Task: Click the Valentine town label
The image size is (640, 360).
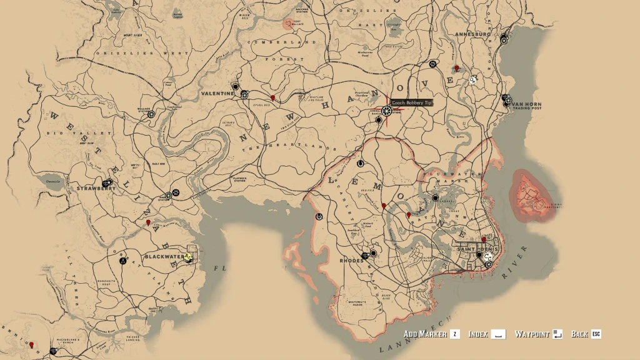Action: [x=217, y=93]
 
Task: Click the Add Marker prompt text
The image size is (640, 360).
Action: [x=425, y=334]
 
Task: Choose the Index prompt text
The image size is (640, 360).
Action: [x=478, y=334]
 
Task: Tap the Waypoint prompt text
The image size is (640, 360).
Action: [x=532, y=334]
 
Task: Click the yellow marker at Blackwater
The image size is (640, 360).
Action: [x=187, y=257]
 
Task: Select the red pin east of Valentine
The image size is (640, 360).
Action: [x=272, y=98]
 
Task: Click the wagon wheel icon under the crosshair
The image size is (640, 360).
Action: [x=386, y=111]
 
